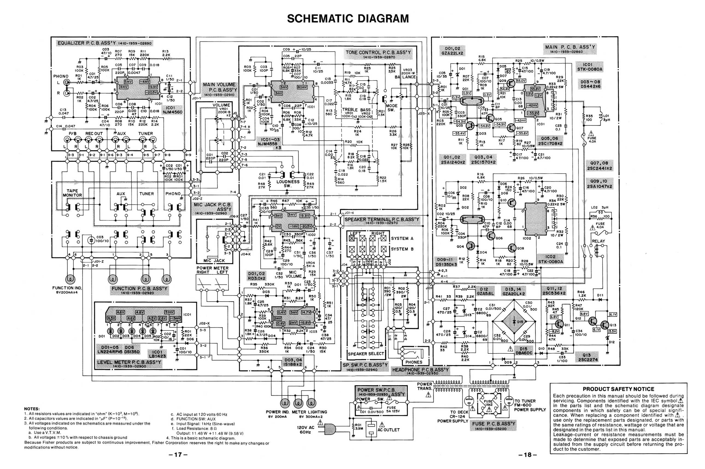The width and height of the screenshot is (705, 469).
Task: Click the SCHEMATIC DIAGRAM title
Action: pyautogui.click(x=348, y=19)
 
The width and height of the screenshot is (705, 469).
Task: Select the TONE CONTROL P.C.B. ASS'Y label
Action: pyautogui.click(x=378, y=53)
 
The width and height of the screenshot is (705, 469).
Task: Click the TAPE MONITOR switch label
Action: pyautogui.click(x=72, y=193)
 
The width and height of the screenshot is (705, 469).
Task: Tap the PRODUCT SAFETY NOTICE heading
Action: pyautogui.click(x=618, y=389)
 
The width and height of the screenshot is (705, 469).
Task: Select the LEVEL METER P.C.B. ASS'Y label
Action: pyautogui.click(x=129, y=362)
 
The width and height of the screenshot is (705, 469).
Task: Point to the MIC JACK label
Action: pyautogui.click(x=214, y=261)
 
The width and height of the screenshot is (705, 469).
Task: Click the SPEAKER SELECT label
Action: pyautogui.click(x=366, y=353)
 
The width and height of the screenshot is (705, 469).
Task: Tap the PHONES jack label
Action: pyautogui.click(x=414, y=362)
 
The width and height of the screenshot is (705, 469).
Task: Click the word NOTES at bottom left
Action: pyautogui.click(x=32, y=409)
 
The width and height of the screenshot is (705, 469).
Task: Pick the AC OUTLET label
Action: pyautogui.click(x=388, y=430)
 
